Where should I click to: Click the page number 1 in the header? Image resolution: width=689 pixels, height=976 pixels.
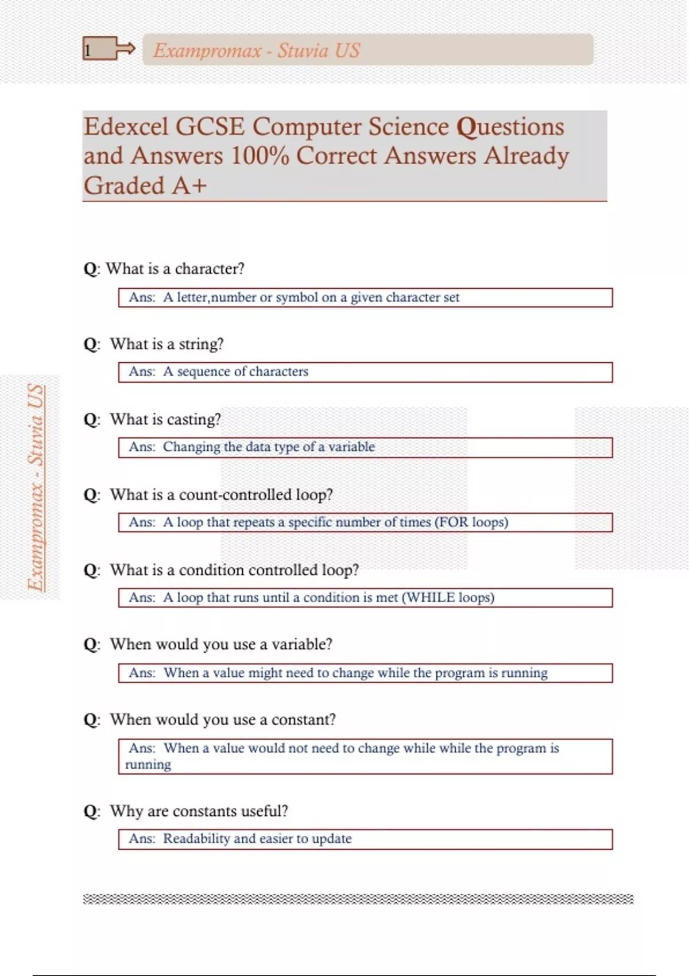(x=88, y=51)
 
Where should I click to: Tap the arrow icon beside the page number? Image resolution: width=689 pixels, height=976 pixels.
(x=125, y=49)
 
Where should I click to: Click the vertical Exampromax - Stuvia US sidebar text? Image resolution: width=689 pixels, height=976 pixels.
(x=36, y=487)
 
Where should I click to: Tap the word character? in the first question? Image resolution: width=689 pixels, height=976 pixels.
(x=210, y=269)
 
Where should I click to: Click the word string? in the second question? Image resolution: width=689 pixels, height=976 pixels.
(x=201, y=344)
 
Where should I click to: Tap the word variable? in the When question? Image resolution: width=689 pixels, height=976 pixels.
(x=302, y=644)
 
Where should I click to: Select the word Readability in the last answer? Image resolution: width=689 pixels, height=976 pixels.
(x=196, y=839)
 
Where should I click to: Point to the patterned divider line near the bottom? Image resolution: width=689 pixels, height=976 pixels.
(x=358, y=899)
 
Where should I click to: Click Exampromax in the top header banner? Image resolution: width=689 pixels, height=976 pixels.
(x=207, y=51)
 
